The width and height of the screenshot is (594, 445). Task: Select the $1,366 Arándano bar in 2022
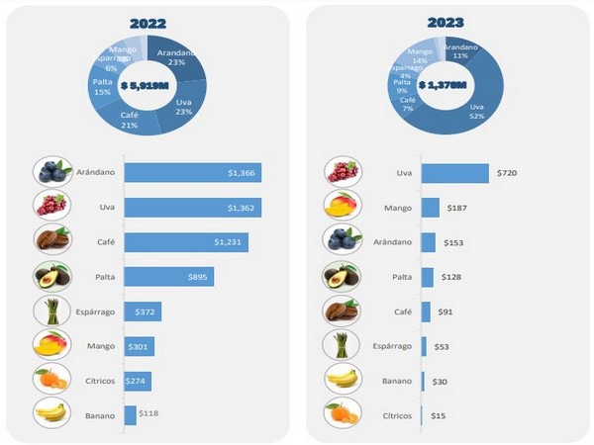pyautogui.click(x=192, y=172)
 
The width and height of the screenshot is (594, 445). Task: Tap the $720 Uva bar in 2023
pyautogui.click(x=454, y=172)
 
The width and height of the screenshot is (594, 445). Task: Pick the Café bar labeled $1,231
pyautogui.click(x=185, y=242)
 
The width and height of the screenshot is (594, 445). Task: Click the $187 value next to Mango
pyautogui.click(x=459, y=208)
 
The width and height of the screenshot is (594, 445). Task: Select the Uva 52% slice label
pyautogui.click(x=477, y=112)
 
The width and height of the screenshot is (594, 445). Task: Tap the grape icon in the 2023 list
pyautogui.click(x=342, y=172)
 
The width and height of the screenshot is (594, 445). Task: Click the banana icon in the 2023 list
pyautogui.click(x=342, y=380)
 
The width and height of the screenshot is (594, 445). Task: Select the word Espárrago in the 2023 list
pyautogui.click(x=392, y=346)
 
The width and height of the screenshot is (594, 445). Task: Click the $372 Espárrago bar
pyautogui.click(x=143, y=311)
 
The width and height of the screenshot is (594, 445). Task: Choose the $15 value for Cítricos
pyautogui.click(x=438, y=415)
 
